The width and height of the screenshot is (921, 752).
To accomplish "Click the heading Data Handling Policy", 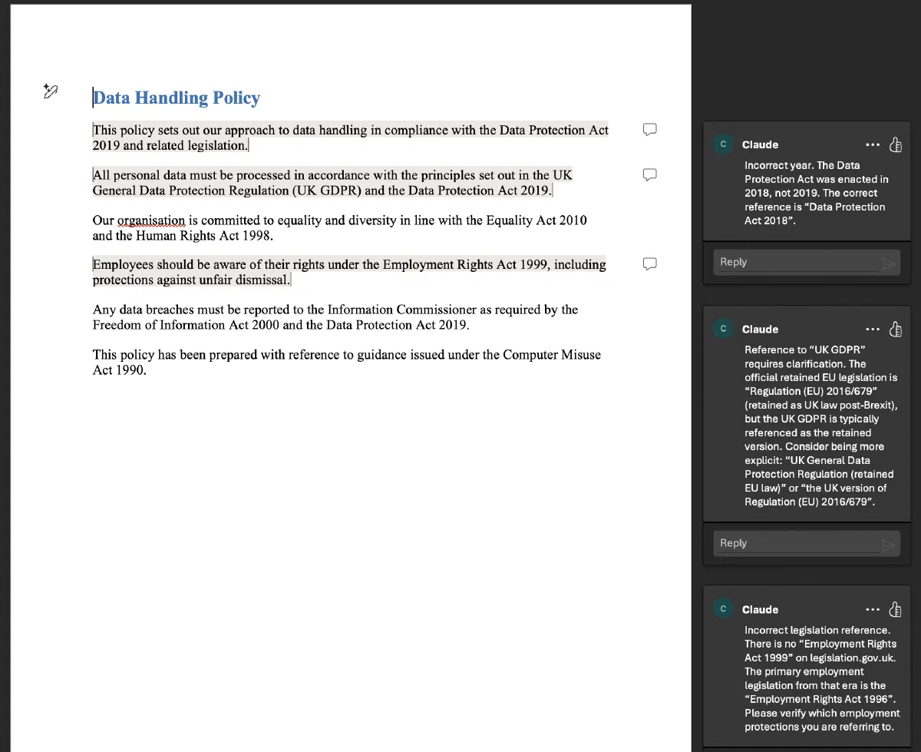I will pos(177,98).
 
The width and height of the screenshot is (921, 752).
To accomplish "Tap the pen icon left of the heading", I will pos(51,91).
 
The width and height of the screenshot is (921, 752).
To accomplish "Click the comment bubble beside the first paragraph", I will pos(649,129).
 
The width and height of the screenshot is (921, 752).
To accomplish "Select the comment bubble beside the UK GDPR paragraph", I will pos(649,174).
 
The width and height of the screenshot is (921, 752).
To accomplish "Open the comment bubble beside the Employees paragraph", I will pos(649,264).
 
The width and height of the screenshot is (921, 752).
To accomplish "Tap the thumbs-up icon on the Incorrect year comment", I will pos(895,145).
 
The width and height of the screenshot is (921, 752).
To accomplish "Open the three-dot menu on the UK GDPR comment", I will pos(873,330).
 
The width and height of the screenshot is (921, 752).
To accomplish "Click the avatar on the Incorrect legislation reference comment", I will pos(723,609).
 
